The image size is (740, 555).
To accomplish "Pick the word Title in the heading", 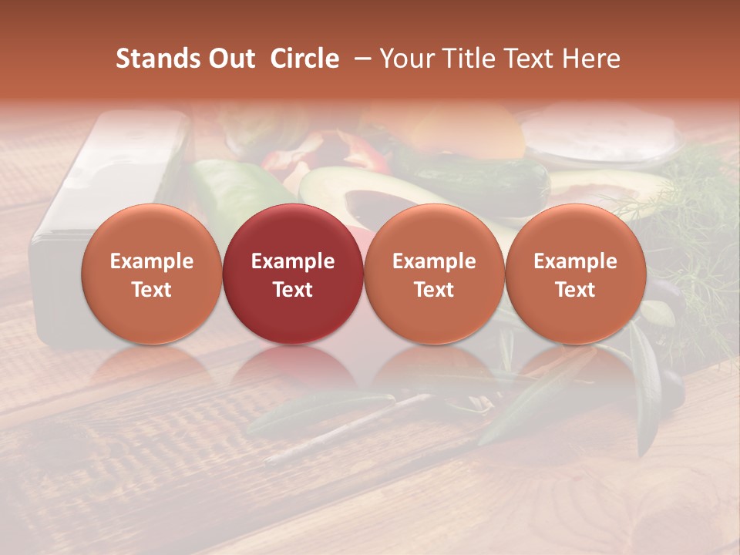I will click(x=469, y=59).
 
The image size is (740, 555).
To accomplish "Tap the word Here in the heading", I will click(x=592, y=59).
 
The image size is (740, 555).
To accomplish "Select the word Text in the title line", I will click(x=530, y=59).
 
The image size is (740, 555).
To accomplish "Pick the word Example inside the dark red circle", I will click(x=293, y=261).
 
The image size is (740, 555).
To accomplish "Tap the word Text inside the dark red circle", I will click(x=293, y=290).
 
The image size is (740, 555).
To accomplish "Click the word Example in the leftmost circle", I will click(x=151, y=261).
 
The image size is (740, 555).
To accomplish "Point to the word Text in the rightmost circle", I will click(x=575, y=290).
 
